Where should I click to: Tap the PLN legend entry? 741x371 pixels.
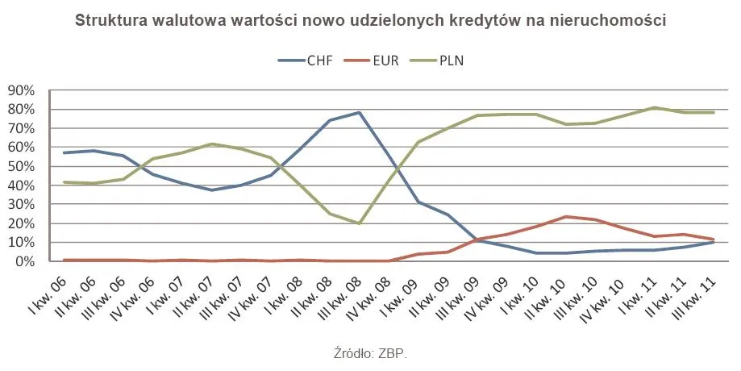click(441, 60)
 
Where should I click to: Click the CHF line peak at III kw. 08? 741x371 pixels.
click(359, 112)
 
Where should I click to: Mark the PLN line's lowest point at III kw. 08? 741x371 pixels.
click(359, 223)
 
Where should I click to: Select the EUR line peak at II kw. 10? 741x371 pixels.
click(567, 216)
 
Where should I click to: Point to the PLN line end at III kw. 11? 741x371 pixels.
click(713, 112)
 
